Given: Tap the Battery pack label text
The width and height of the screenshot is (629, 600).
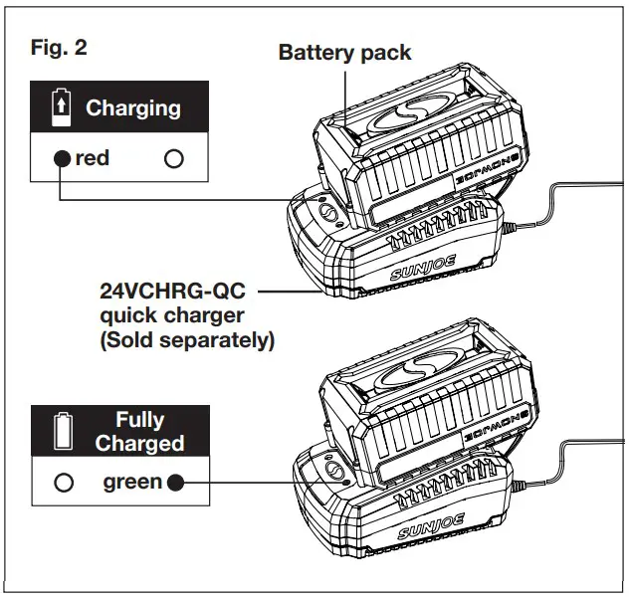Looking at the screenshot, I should pos(344,53).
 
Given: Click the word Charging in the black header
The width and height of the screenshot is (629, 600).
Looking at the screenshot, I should pos(132,107).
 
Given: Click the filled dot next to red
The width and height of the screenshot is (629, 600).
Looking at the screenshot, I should pos(63,159).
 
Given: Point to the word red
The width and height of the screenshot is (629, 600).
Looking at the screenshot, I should pos(93,158).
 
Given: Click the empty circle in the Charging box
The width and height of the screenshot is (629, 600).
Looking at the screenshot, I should pos(174,159).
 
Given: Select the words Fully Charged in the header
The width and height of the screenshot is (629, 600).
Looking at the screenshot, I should pos(139,432).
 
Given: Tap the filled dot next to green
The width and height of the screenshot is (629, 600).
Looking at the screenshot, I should pos(176,484).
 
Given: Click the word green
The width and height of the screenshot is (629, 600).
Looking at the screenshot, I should pos(132,483).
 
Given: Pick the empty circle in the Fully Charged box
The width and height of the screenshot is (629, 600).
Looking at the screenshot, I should pos(65,484).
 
